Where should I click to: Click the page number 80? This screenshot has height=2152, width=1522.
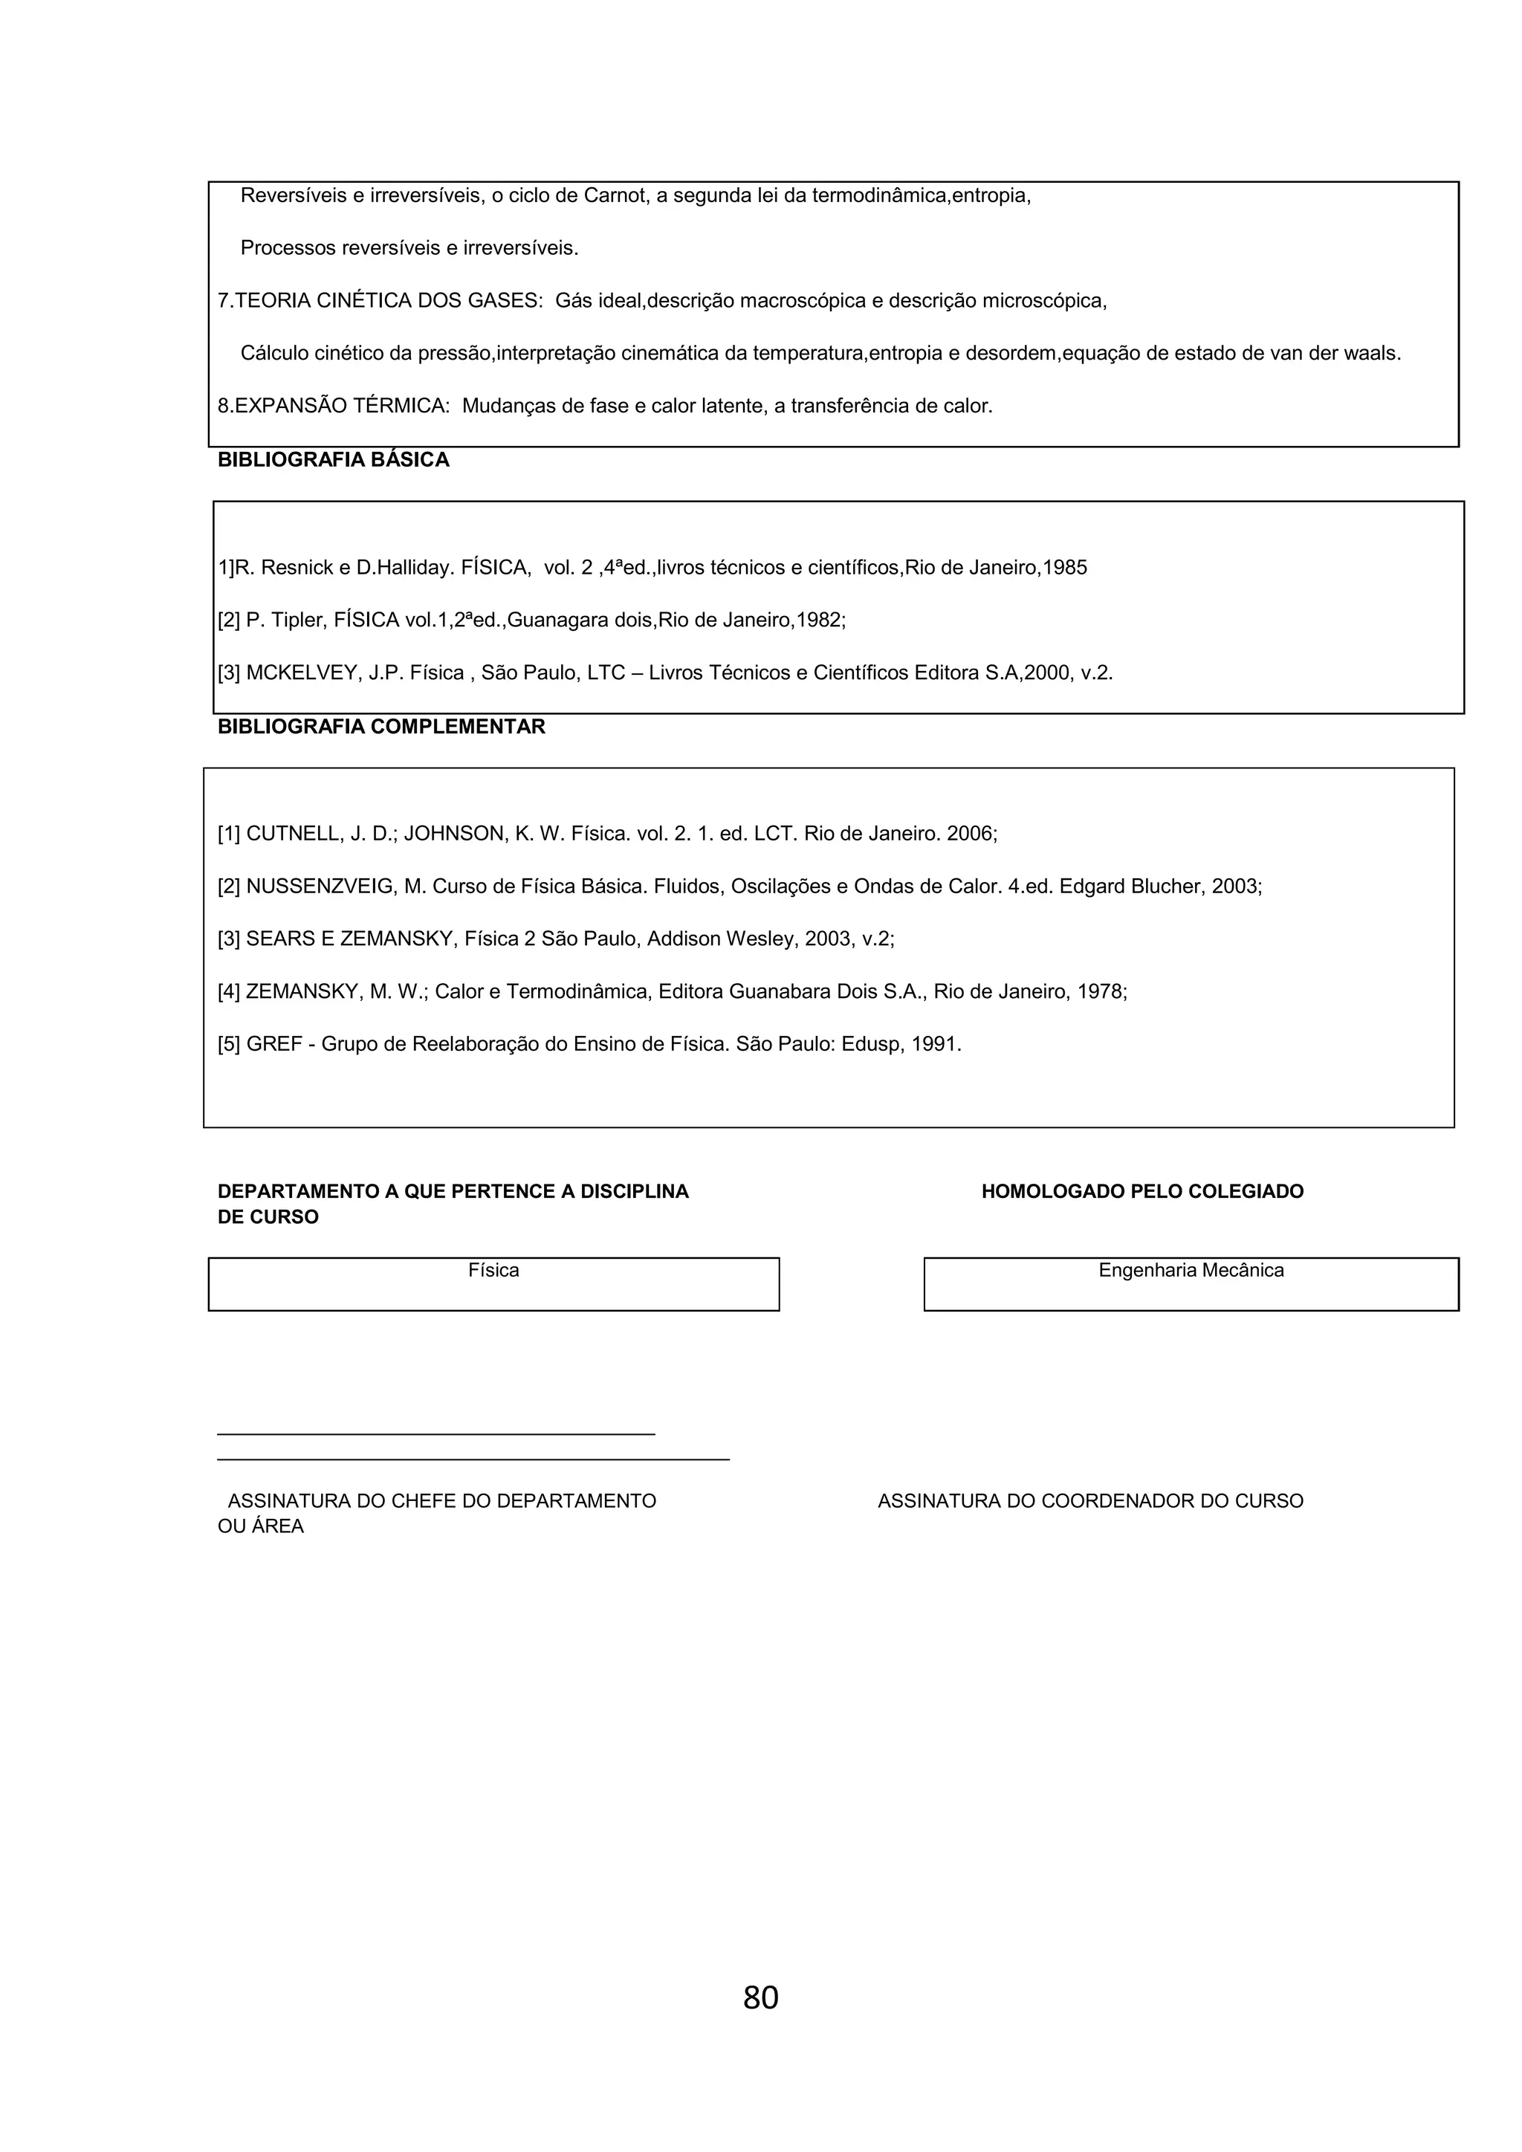(x=760, y=1997)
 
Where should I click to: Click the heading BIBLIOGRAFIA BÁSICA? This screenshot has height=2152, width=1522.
(x=333, y=460)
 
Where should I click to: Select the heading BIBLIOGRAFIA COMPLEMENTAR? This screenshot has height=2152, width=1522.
(x=380, y=727)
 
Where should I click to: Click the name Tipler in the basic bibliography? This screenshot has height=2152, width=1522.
(x=297, y=620)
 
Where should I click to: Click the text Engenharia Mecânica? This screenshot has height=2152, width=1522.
(x=1191, y=1270)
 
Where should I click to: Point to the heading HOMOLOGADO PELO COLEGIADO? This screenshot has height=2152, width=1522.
(x=1141, y=1191)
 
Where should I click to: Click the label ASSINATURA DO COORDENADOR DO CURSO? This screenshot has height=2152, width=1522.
(x=1090, y=1500)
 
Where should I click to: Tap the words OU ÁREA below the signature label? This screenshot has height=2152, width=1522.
(x=261, y=1526)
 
